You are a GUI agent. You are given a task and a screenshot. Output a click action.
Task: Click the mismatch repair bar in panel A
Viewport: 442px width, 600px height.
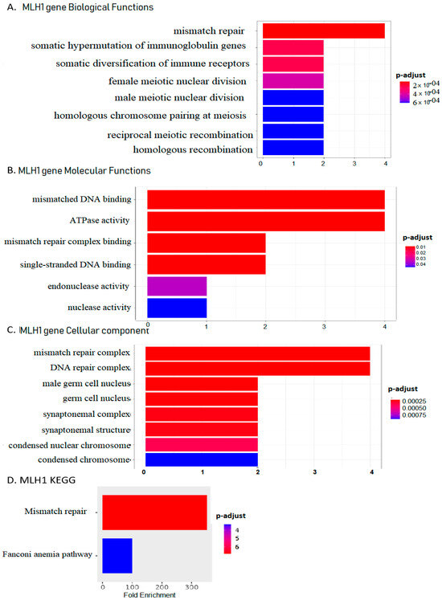coord(322,31)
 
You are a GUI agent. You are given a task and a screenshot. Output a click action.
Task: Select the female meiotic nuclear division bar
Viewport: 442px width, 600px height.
coord(291,80)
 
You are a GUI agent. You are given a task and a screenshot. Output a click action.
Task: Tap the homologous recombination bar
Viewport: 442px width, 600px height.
coord(291,148)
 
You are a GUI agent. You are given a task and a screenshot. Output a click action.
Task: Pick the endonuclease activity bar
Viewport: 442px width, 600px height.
coord(176,285)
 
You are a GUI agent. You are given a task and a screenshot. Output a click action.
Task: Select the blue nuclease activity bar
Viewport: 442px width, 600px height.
coord(176,307)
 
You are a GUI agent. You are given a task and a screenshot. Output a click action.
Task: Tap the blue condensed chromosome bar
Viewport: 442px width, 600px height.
coord(200,459)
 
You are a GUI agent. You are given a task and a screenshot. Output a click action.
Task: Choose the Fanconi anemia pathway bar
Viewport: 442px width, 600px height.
coord(117,555)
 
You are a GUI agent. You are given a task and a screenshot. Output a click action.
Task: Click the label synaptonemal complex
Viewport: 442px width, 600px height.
coord(80,414)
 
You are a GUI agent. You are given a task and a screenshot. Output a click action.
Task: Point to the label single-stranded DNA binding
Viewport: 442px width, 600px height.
coord(68,264)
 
